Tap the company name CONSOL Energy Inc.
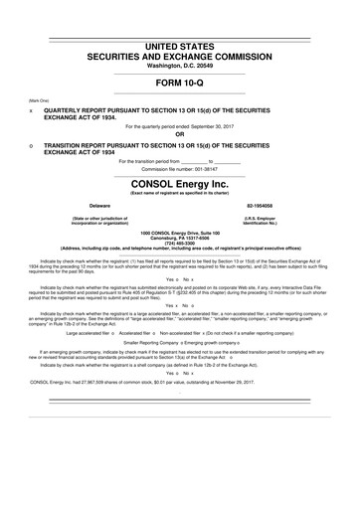pyautogui.click(x=180, y=184)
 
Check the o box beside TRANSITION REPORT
pyautogui.click(x=33, y=144)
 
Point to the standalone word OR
pyautogui.click(x=180, y=134)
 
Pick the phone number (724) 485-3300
pyautogui.click(x=180, y=245)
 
